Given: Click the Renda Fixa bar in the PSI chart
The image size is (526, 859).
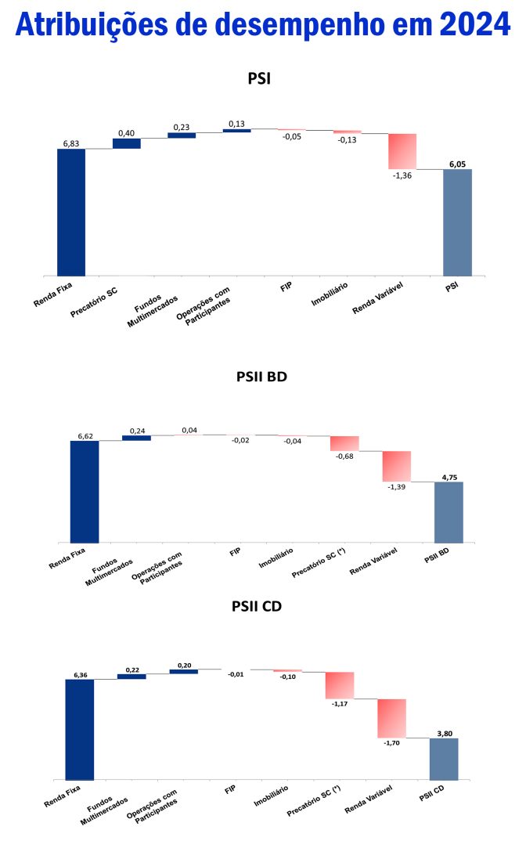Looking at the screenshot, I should tap(71, 212).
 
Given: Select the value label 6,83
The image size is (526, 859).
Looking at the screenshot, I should tap(71, 143).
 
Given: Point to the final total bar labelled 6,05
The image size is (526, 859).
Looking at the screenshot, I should tap(457, 222).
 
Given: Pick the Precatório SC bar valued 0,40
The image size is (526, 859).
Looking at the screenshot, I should tap(126, 143).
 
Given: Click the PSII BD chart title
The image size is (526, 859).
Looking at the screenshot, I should tap(261, 377).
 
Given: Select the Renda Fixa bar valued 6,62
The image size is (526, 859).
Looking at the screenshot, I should tap(85, 491).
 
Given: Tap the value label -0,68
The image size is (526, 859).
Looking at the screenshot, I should tap(344, 457).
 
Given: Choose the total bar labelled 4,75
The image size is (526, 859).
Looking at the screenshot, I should tap(449, 511).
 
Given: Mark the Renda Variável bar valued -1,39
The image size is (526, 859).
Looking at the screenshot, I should tap(397, 466).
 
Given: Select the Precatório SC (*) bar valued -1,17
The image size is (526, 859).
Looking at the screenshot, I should tap(340, 685).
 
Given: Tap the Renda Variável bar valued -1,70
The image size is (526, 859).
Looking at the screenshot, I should tap(392, 718).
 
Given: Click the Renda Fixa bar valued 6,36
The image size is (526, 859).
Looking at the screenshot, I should tap(80, 729).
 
